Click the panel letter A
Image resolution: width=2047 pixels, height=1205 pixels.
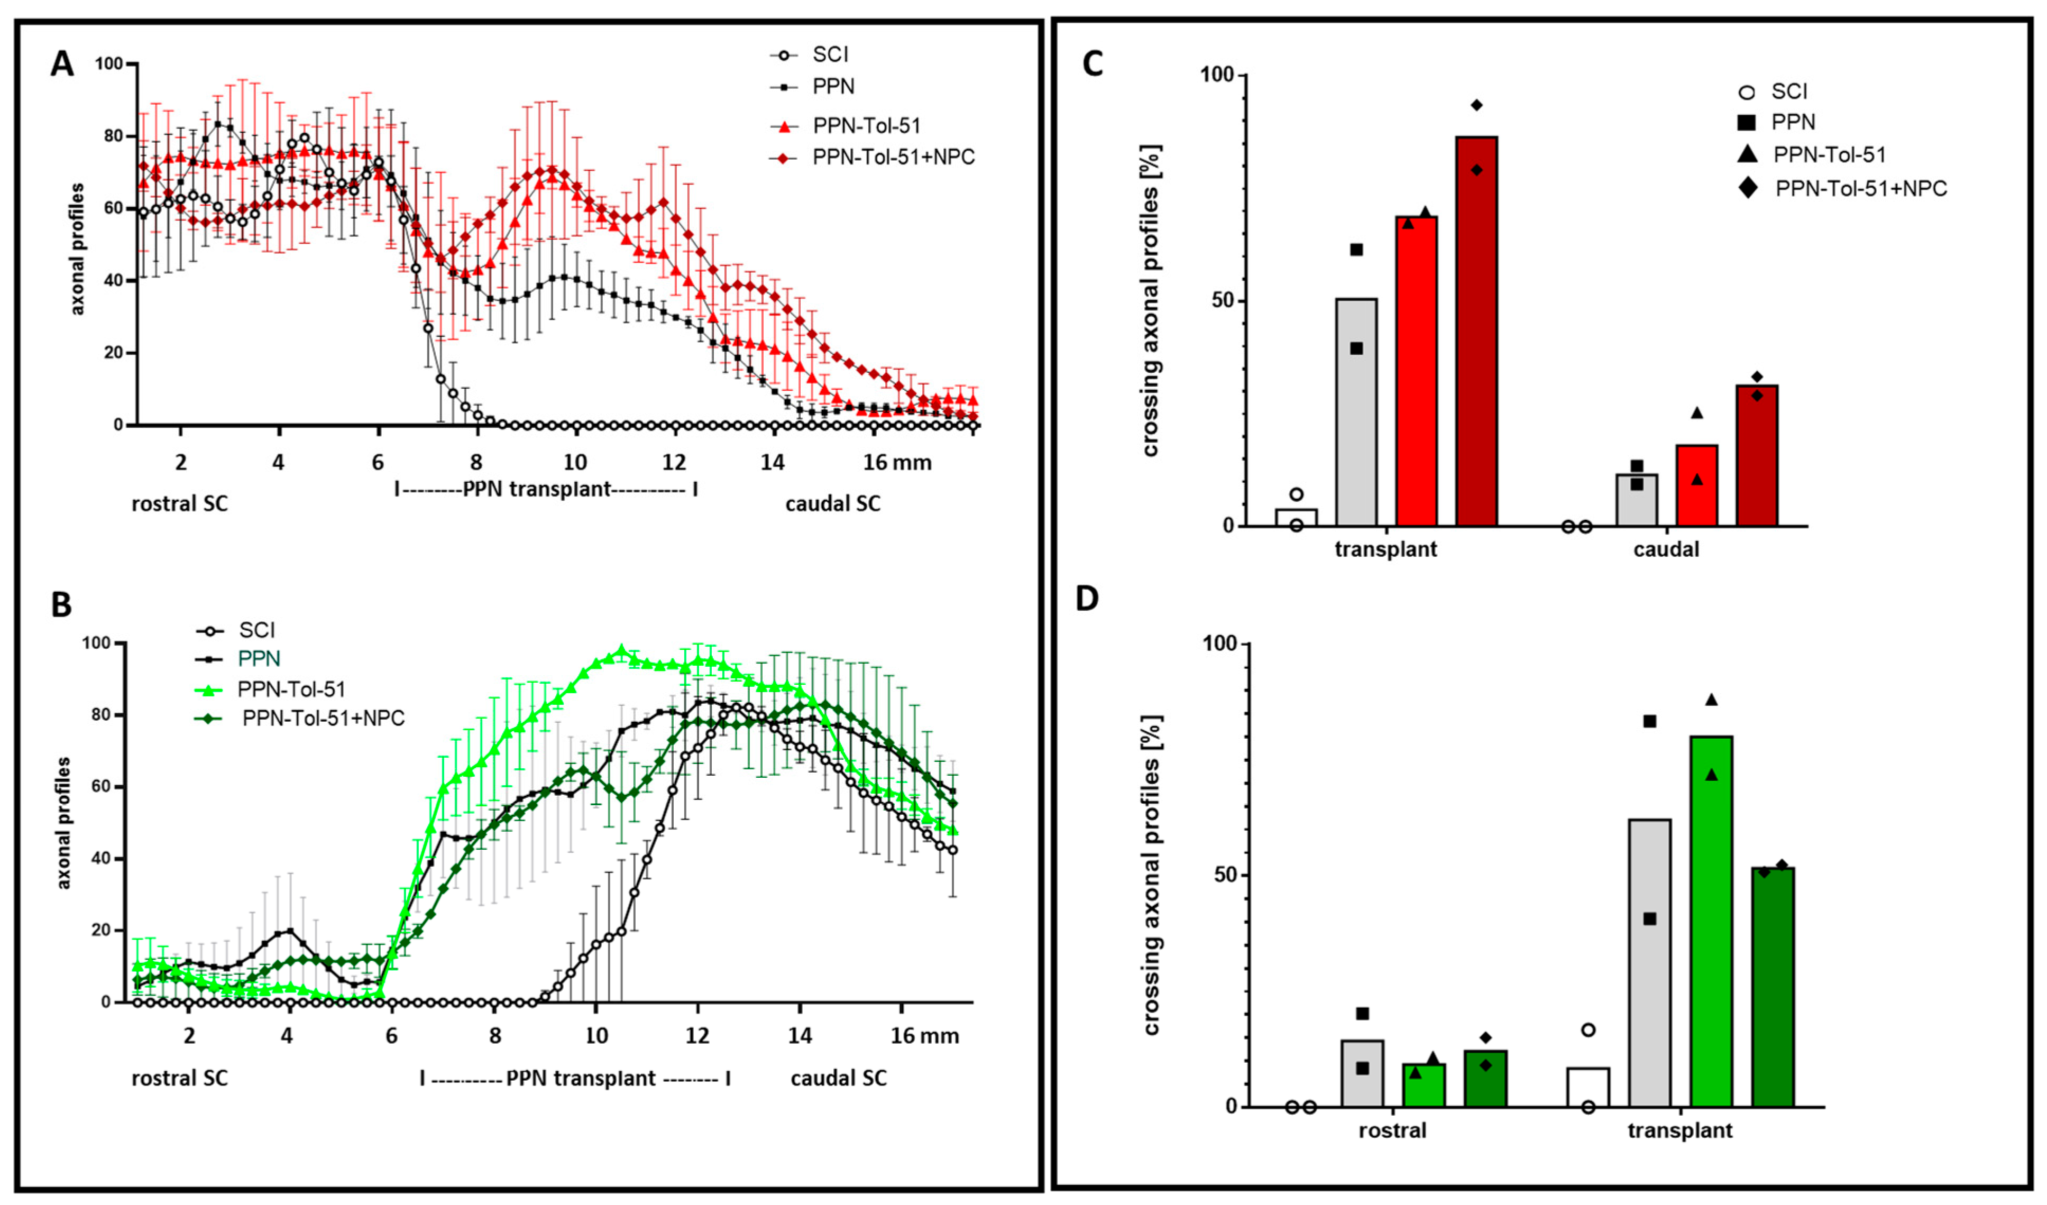(x=62, y=64)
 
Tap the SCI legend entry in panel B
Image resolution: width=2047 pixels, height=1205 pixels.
(x=256, y=630)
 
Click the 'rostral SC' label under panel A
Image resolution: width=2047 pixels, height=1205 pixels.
(x=179, y=504)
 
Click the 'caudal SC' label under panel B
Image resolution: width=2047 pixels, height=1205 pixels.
(x=838, y=1078)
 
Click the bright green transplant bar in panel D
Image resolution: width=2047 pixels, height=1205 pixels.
(x=1712, y=922)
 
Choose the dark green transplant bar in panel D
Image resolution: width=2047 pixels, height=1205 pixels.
(x=1773, y=987)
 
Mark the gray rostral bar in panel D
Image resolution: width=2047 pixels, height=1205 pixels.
(x=1362, y=1073)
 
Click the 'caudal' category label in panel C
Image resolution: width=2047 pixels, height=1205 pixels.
(x=1666, y=550)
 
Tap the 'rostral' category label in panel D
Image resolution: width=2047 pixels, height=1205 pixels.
(x=1392, y=1130)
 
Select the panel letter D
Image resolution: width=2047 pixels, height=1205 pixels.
(x=1087, y=599)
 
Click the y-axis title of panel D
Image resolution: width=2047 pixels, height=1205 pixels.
(x=1151, y=876)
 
